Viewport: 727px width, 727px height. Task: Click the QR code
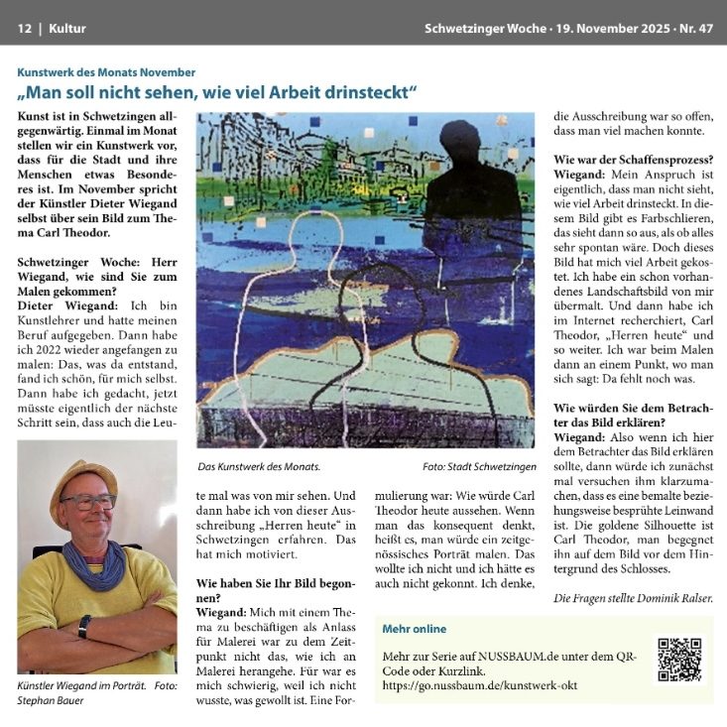coord(678,659)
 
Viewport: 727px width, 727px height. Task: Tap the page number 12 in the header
coord(24,29)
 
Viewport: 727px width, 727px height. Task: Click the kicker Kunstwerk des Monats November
coord(106,72)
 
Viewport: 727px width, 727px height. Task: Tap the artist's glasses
coord(87,503)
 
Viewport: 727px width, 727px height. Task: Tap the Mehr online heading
coord(414,629)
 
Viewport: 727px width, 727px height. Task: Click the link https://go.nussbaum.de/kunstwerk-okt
coord(479,685)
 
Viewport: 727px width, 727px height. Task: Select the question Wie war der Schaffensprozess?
coord(633,160)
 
